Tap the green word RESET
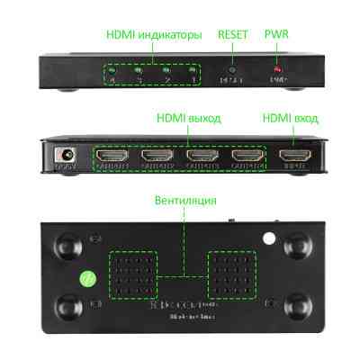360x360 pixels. point(233,35)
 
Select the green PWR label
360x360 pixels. point(276,35)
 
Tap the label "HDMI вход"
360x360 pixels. point(289,118)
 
